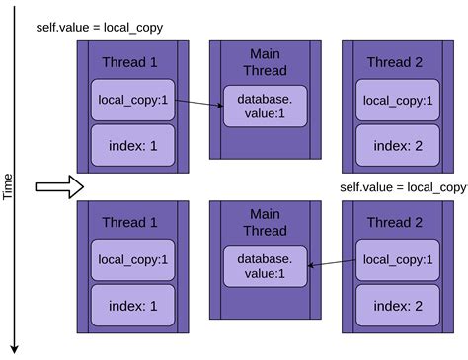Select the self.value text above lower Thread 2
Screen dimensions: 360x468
pos(403,186)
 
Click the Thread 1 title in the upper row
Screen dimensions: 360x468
pos(130,62)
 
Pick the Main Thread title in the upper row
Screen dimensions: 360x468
pos(267,62)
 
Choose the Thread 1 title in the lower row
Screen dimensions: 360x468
pos(130,223)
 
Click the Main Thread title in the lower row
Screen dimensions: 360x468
pos(267,223)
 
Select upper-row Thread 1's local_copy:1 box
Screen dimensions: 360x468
pos(133,100)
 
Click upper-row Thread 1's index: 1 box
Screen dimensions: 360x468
pos(133,146)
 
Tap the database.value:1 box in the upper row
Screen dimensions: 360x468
pos(266,107)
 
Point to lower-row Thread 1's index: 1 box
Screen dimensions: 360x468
pos(133,306)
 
